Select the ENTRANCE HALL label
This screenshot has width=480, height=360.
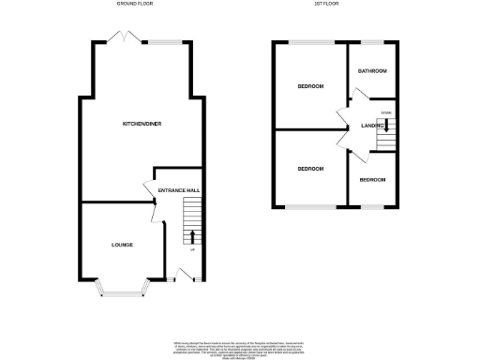pos(178,191)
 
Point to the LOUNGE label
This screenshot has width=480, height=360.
pos(122,245)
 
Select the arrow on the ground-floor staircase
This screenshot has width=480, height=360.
pos(193,234)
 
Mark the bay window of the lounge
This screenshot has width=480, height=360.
pos(123,294)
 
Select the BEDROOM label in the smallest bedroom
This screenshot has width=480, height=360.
pos(371,179)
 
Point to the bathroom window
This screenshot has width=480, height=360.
pos(373,43)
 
